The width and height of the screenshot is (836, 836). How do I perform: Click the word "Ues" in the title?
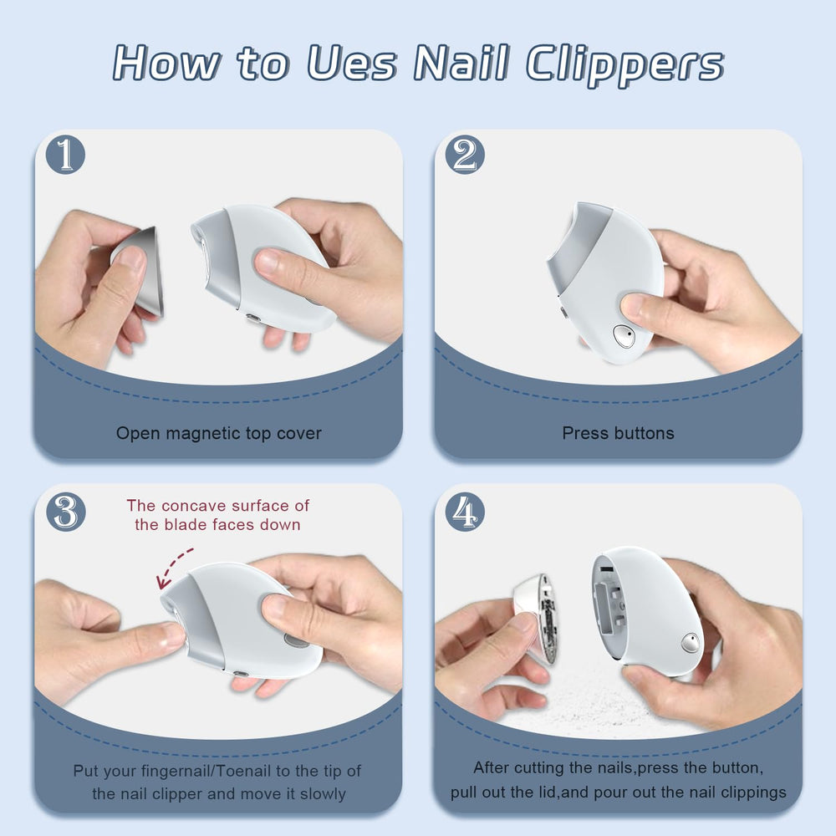tap(353, 64)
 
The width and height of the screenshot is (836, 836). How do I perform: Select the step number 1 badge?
tap(65, 155)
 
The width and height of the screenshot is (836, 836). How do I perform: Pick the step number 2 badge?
tap(465, 155)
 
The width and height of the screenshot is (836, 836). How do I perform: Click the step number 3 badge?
tap(65, 512)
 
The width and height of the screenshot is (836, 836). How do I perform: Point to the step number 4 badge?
tap(465, 512)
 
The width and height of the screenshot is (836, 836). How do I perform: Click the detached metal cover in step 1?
tap(139, 271)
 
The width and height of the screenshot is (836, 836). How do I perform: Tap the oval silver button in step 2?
tap(624, 336)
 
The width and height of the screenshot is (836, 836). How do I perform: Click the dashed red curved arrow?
tap(171, 566)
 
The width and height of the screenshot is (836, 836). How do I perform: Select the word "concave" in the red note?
tap(194, 506)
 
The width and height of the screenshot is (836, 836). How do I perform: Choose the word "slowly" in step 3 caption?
tap(323, 794)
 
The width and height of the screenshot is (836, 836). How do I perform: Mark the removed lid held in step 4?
tap(535, 618)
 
